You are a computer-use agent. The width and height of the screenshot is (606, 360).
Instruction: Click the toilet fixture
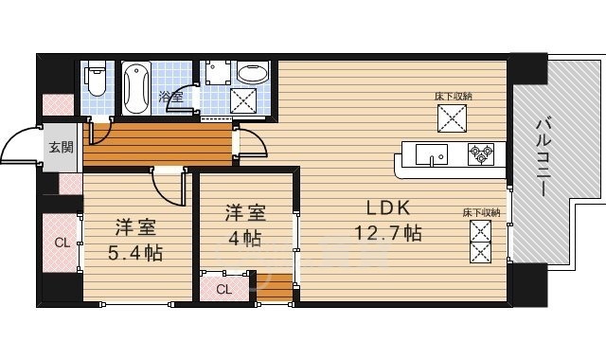coord(97,78)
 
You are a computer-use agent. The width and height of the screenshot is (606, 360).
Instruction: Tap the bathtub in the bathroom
coord(135,88)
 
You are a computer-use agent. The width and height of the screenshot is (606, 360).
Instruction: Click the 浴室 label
coord(170,97)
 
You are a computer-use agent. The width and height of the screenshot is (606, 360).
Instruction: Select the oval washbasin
coord(253,72)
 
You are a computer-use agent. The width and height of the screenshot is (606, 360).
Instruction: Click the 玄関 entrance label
coord(61,147)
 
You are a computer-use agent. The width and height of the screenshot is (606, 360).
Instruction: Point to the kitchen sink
coord(432,154)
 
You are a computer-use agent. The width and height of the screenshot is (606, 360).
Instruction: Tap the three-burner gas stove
coord(481,154)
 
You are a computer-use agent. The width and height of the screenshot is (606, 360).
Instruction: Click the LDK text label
coord(387,208)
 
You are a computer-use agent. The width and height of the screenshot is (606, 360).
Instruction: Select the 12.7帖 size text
coord(387,233)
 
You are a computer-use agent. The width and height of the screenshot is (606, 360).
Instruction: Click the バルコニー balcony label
coord(544,157)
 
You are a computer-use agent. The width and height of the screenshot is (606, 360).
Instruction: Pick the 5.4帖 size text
coord(134,253)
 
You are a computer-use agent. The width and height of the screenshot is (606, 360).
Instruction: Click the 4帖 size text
coord(244,239)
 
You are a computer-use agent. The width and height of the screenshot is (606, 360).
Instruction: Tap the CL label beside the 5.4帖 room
coord(62,243)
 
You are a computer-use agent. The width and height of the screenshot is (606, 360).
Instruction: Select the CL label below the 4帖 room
coord(224,289)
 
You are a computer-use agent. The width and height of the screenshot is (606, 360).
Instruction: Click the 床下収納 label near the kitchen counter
coord(454,97)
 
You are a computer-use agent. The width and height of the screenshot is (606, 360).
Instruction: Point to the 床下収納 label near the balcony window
coord(482,212)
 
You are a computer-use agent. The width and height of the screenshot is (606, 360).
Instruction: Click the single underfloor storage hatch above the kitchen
coord(452,117)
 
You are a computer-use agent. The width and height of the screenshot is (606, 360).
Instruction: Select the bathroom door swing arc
coord(179,98)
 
